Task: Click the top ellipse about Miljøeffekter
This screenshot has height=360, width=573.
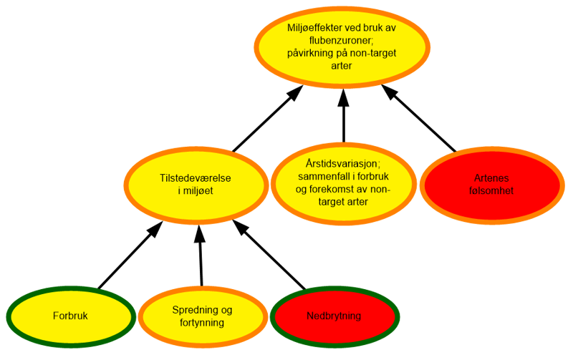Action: [x=343, y=72]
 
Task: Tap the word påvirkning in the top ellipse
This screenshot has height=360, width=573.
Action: [x=317, y=53]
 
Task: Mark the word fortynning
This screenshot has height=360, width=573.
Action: [x=202, y=323]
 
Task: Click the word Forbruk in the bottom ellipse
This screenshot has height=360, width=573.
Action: [x=69, y=316]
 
